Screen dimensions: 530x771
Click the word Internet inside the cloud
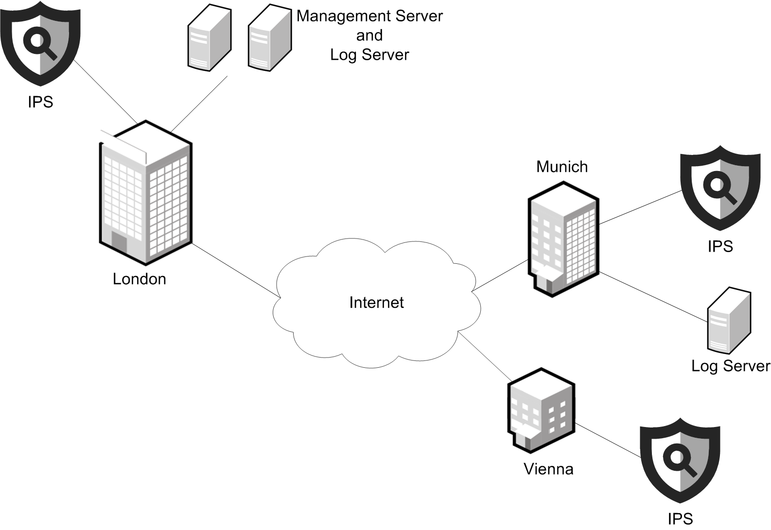pos(376,303)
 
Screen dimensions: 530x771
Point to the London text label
pos(140,279)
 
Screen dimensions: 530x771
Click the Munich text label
pos(562,167)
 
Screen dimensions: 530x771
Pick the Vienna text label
pos(548,469)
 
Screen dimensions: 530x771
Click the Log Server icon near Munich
pos(729,321)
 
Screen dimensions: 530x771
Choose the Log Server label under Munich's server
pos(731,366)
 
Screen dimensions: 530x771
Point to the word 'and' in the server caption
pos(369,35)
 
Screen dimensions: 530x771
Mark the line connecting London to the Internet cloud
pos(235,270)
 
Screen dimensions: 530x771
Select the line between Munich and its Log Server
pos(653,297)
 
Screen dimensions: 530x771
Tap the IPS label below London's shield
pos(40,102)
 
